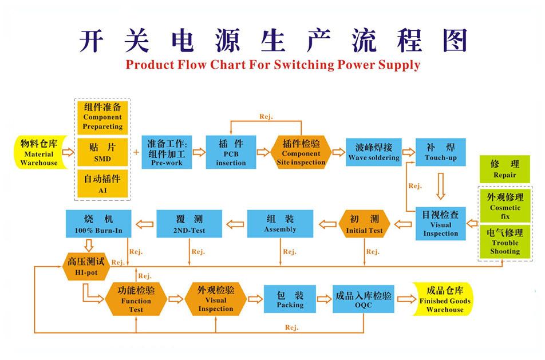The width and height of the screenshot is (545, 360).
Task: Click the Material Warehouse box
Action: click(39, 152)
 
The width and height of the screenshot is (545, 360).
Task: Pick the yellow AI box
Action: click(102, 183)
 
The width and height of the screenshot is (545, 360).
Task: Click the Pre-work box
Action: click(167, 152)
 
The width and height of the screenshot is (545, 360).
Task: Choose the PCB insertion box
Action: click(231, 152)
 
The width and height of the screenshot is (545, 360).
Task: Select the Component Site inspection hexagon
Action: click(301, 152)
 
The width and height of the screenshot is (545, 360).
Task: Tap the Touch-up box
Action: click(440, 152)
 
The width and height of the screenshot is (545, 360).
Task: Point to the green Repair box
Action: click(504, 169)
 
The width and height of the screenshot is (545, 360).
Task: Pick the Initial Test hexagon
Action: click(364, 224)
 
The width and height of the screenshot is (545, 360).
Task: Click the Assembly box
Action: click(280, 224)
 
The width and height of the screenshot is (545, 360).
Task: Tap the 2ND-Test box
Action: click(188, 224)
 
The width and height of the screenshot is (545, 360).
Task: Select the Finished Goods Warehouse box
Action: click(444, 299)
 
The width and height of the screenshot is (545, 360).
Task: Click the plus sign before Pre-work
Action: click(136, 152)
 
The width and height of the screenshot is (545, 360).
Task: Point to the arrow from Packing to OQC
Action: click(325, 299)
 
